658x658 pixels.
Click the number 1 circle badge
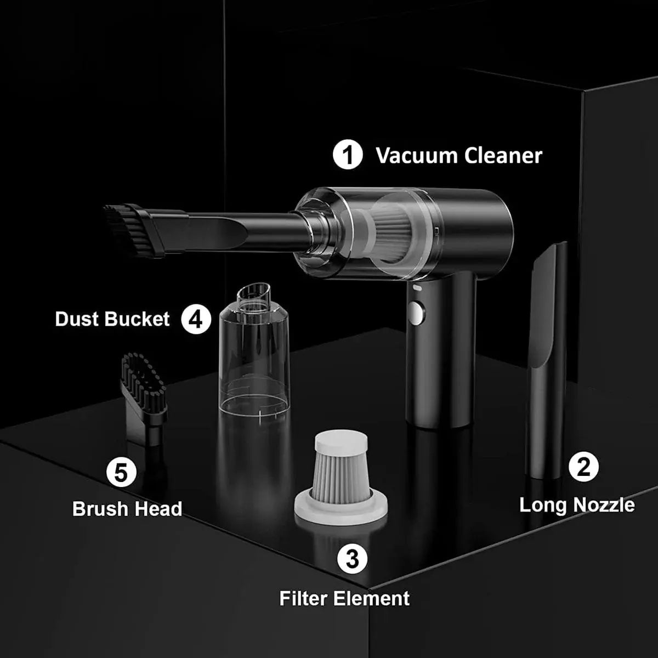coord(348,155)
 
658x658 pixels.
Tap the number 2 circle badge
coord(583,467)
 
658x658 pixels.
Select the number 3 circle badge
coord(351,559)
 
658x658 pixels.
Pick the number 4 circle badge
coord(196,319)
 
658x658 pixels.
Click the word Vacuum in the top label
coord(417,156)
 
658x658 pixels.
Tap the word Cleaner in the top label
coord(503,156)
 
